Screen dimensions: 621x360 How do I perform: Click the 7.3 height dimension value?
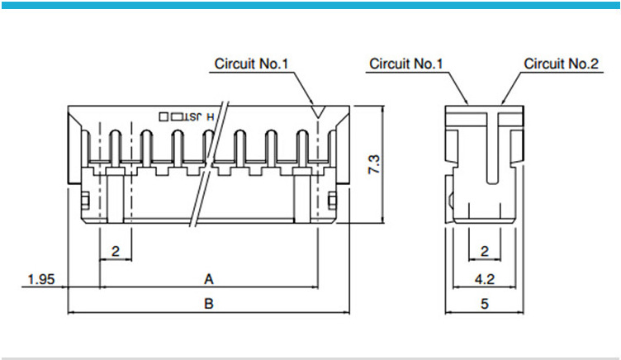pos(374,164)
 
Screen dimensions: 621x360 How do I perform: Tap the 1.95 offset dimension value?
pos(41,279)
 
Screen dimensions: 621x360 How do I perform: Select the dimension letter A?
pos(209,279)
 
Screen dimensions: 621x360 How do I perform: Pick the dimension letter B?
pos(209,304)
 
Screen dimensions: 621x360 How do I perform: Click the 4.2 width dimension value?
pos(485,279)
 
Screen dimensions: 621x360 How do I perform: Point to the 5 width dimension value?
pos(485,304)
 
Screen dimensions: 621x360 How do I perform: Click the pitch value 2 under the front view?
pos(116,251)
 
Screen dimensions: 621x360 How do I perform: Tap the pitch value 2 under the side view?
pos(485,251)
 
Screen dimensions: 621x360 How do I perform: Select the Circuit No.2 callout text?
pos(561,64)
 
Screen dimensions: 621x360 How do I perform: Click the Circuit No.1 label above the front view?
pos(251,64)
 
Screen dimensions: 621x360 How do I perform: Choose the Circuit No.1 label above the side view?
pos(405,64)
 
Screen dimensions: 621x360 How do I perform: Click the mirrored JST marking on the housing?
pos(192,116)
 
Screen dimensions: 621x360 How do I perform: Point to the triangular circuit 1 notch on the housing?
pos(318,111)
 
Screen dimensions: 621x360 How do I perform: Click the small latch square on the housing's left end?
pos(85,201)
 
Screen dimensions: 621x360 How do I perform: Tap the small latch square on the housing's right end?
pos(333,201)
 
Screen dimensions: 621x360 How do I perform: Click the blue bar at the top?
pos(310,5)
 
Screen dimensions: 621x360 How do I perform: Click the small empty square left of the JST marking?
pos(164,116)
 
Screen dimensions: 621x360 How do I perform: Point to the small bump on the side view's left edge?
pos(450,201)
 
